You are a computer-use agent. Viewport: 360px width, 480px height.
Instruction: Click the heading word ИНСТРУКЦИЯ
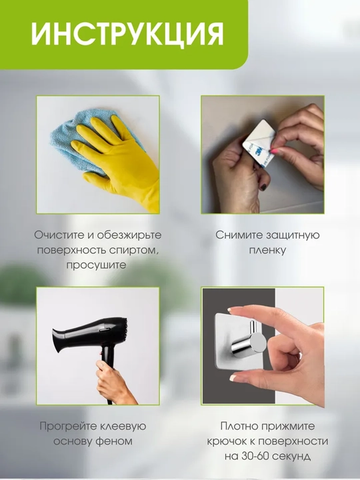(127, 34)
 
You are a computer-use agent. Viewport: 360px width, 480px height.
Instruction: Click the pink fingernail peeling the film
(274, 151)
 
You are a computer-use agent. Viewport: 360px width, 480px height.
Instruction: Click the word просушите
(96, 265)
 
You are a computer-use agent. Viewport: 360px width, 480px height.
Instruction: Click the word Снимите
(239, 235)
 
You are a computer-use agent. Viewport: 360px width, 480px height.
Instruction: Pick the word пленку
(267, 251)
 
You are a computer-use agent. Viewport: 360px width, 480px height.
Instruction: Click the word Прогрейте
(66, 426)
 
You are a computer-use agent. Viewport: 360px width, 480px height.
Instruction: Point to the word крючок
(227, 441)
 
